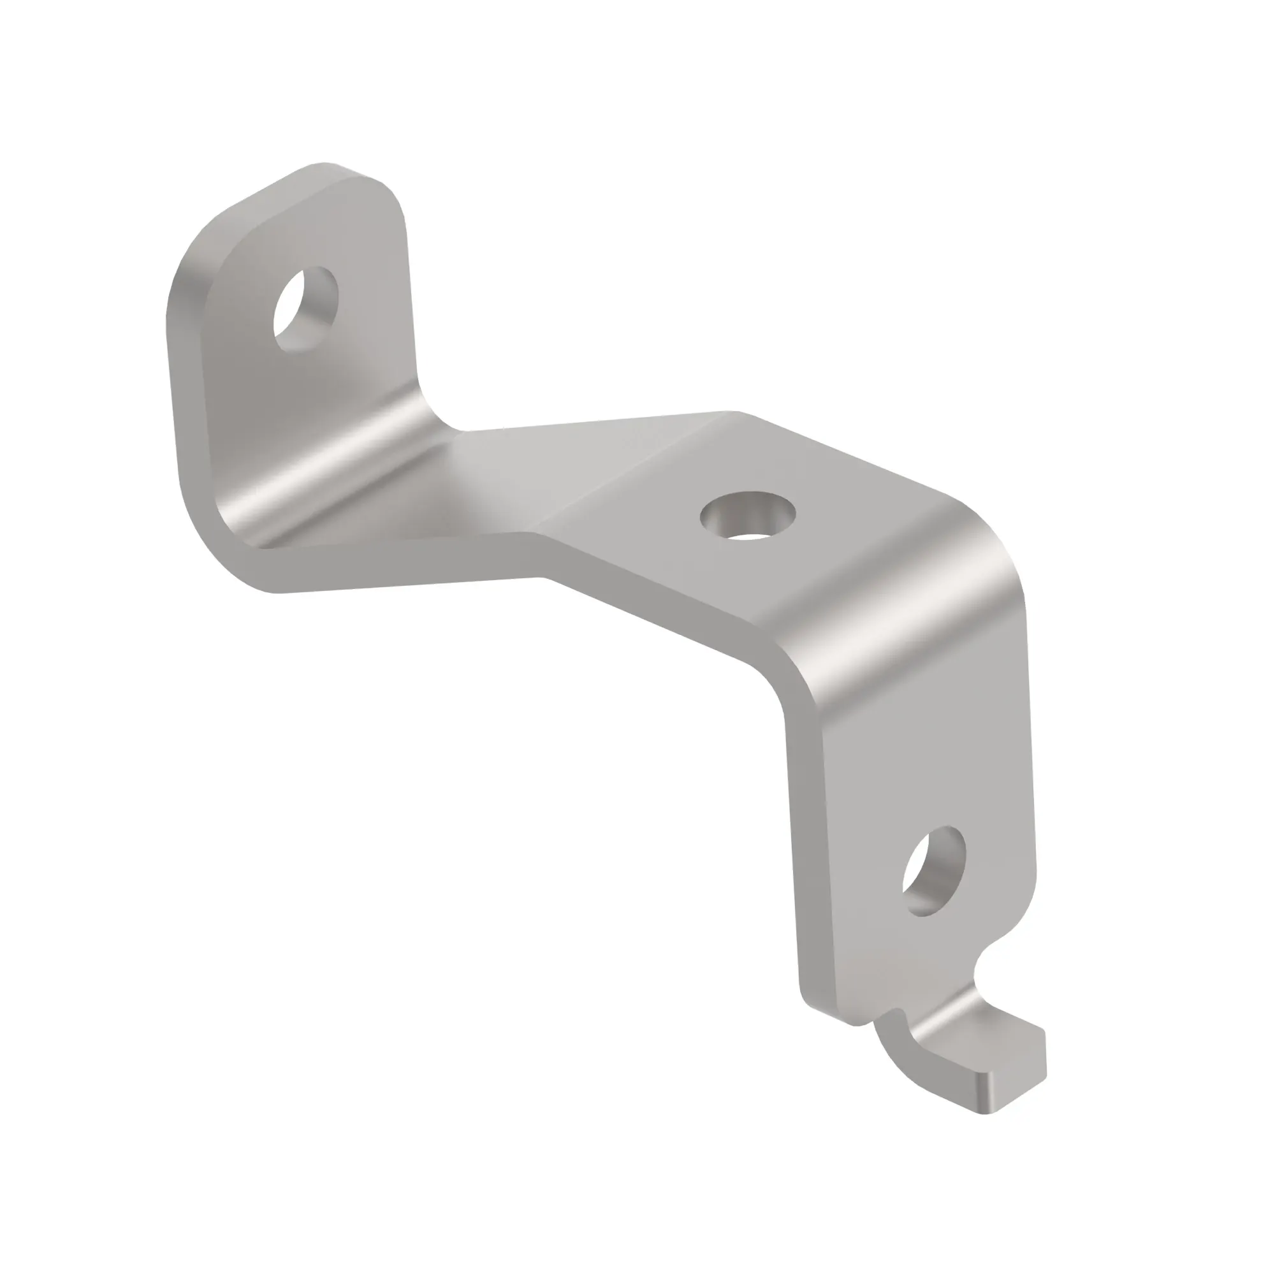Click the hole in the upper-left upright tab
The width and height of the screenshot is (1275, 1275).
(305, 309)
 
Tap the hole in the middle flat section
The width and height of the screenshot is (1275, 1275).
(747, 515)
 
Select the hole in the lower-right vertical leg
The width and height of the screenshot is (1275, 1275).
(933, 871)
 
